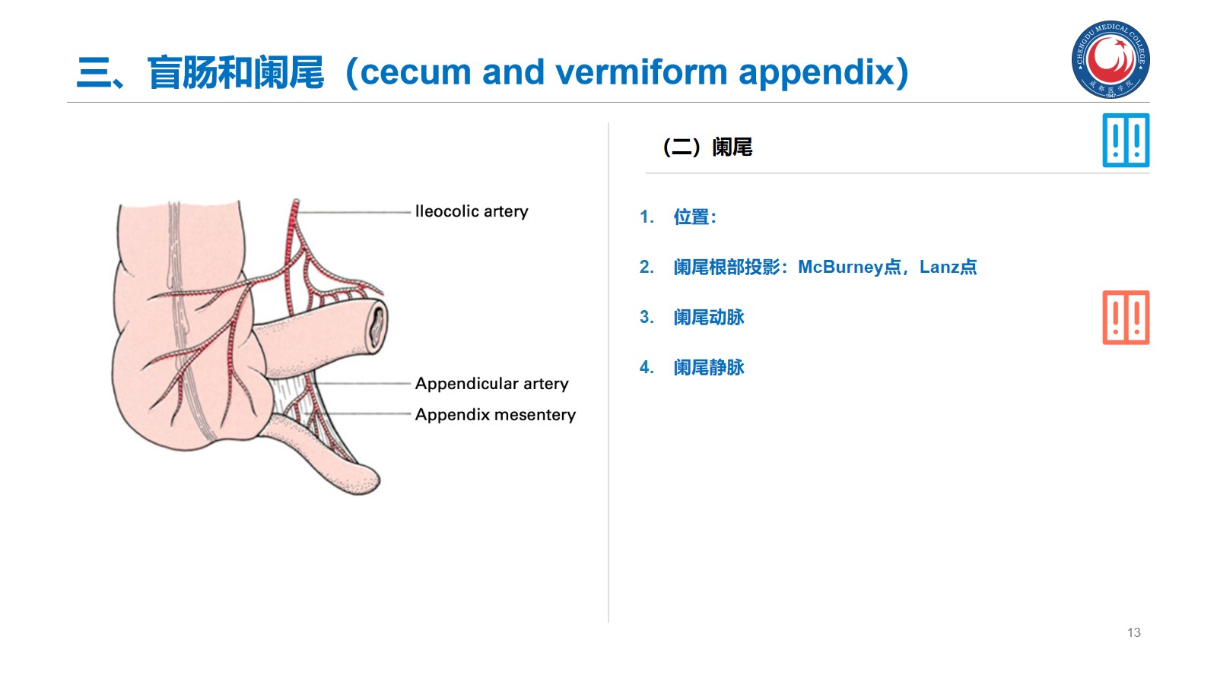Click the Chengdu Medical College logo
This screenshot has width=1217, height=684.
click(x=1111, y=59)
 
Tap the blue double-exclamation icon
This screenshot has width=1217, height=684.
click(x=1126, y=141)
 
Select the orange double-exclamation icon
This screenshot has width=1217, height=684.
click(x=1126, y=318)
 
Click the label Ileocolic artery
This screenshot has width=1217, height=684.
click(x=472, y=211)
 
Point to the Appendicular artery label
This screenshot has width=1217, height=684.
click(x=491, y=384)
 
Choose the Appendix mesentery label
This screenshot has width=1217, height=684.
click(x=495, y=415)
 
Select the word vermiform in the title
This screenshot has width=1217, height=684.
click(x=641, y=72)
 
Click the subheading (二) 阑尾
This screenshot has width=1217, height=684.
click(x=707, y=147)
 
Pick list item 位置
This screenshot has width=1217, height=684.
click(x=694, y=217)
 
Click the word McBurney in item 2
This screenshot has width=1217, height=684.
click(x=840, y=268)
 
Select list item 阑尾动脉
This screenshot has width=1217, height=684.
click(x=708, y=318)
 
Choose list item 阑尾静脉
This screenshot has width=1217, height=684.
click(x=708, y=368)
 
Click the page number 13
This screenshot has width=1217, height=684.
click(x=1133, y=632)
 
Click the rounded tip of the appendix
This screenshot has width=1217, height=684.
click(x=367, y=481)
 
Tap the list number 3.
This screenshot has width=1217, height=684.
click(x=647, y=318)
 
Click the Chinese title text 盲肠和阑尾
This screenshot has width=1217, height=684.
click(x=236, y=72)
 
